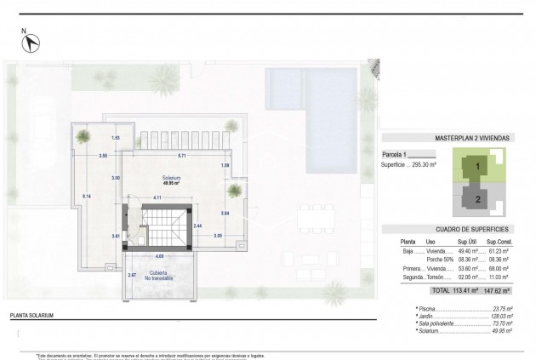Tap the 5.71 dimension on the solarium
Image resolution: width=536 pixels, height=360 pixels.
point(181,156)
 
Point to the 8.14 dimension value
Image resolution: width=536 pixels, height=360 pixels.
point(87,197)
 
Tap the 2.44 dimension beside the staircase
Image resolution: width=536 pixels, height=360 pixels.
point(197,226)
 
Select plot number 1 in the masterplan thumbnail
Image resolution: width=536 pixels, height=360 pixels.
point(478,165)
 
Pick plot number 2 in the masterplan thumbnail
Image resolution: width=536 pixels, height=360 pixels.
point(478,199)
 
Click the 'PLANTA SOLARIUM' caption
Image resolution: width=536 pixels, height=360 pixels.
point(31,316)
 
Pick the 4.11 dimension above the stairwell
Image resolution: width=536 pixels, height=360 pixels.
point(157,197)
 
